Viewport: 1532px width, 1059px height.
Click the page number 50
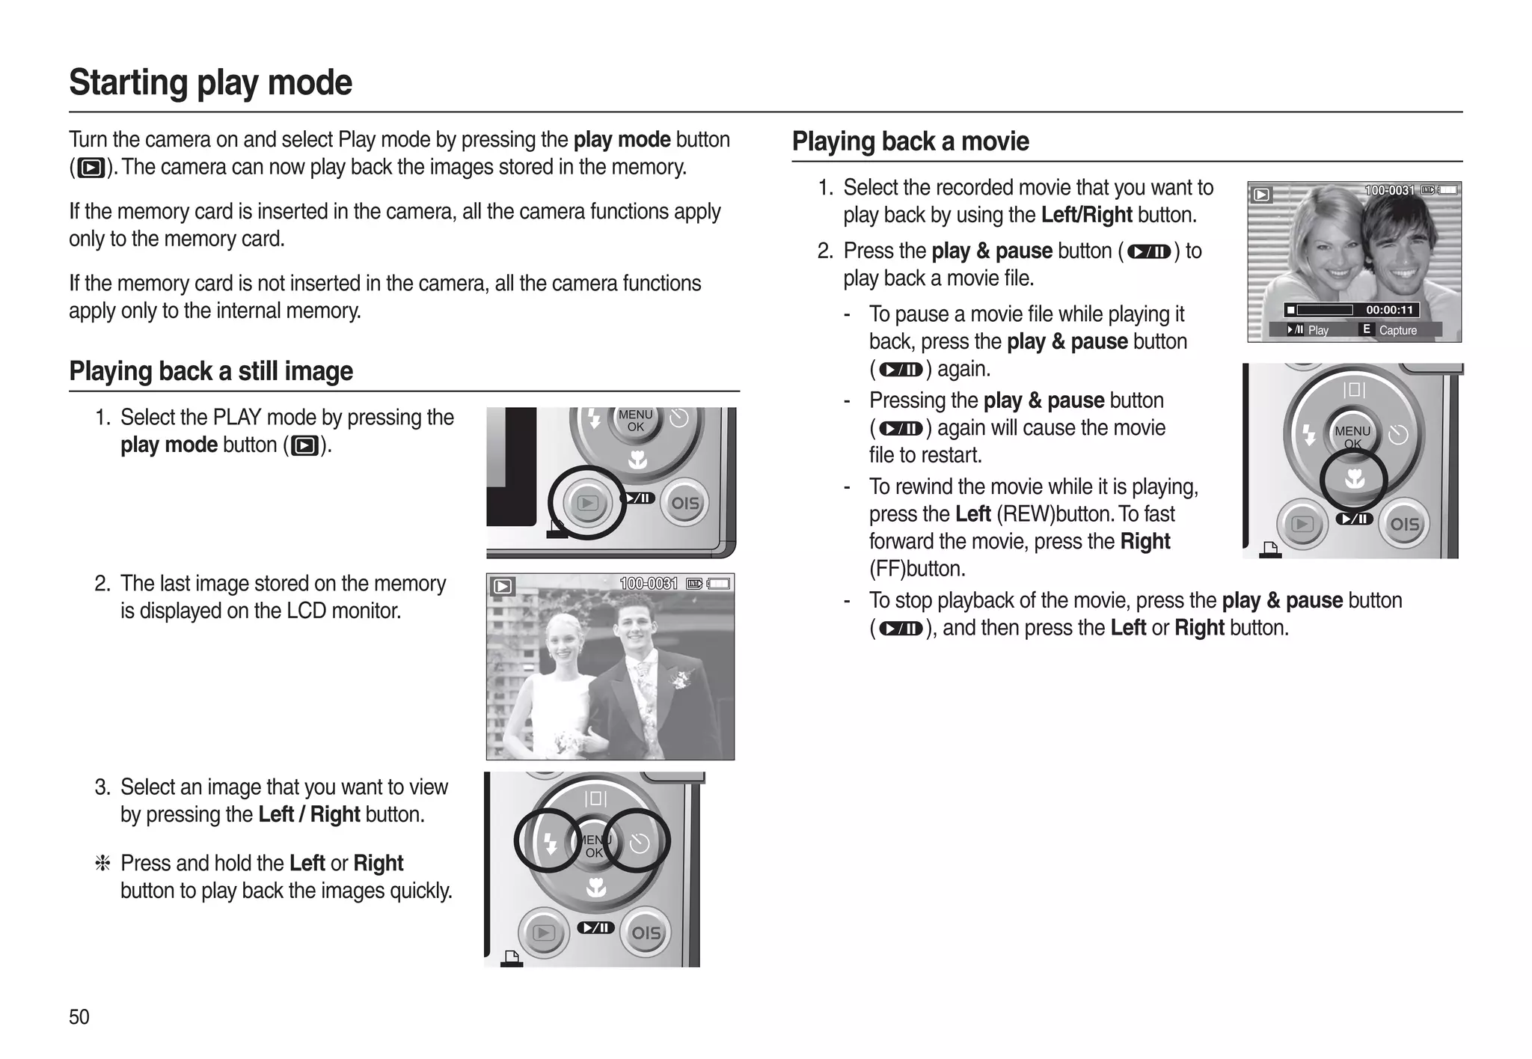[x=79, y=1016]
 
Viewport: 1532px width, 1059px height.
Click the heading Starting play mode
[x=210, y=82]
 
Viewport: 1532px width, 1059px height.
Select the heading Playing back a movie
[x=910, y=141]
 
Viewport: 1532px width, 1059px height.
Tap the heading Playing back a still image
[x=210, y=371]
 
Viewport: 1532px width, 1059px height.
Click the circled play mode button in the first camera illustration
[x=587, y=503]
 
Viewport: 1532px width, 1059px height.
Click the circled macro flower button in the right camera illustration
[x=1354, y=479]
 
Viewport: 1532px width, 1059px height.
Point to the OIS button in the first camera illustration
[x=685, y=503]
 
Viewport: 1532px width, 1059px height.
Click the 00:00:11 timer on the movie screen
[x=1389, y=310]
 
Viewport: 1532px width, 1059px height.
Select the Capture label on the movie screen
[x=1397, y=330]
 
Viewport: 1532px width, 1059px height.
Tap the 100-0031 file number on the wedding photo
[x=648, y=584]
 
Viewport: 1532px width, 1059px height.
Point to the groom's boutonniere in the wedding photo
[x=681, y=680]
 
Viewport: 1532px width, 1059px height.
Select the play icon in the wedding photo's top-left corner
[x=503, y=587]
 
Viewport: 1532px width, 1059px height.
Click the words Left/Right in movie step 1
[x=1086, y=216]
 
